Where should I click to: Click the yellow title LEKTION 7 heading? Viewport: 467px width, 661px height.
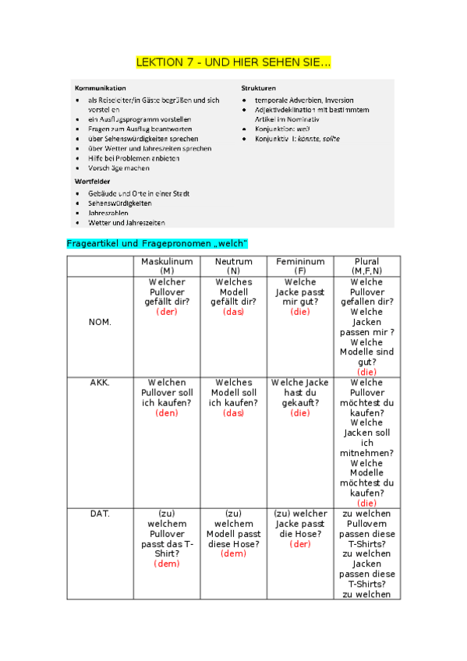tap(233, 62)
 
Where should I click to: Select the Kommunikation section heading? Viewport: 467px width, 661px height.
tap(99, 88)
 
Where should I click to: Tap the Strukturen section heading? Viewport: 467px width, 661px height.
tap(258, 88)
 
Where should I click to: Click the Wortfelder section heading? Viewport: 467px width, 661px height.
tap(92, 180)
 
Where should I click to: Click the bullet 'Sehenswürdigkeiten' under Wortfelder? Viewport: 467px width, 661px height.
tap(119, 203)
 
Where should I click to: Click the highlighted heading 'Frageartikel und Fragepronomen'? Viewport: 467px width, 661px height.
tap(157, 244)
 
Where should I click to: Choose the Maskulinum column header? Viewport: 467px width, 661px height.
tap(167, 266)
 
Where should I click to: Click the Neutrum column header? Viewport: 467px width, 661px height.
tap(234, 266)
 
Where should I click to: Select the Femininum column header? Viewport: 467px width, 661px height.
tap(300, 266)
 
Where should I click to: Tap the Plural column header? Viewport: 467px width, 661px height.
tap(366, 266)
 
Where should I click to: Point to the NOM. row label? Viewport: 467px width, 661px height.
tap(100, 322)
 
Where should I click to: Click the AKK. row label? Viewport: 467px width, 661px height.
tap(100, 383)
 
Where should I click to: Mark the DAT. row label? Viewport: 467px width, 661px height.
tap(100, 514)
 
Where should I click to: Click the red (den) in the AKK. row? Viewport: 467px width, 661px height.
tap(167, 413)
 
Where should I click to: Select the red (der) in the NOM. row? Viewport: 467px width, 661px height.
tap(167, 312)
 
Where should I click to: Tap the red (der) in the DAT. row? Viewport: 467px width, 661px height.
tap(300, 544)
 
